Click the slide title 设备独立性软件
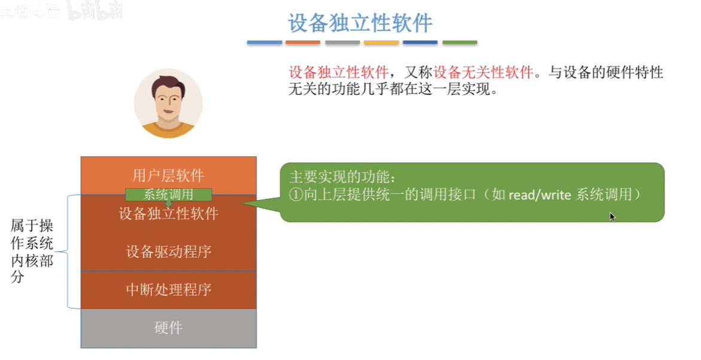360,23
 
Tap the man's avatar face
168,103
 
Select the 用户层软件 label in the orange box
168,176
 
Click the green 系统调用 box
169,195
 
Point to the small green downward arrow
169,204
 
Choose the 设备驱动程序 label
169,252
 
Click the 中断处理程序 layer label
169,290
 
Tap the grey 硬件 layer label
169,328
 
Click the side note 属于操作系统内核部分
32,252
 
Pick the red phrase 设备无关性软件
483,72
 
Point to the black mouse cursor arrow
612,217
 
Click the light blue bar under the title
265,43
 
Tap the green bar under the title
460,43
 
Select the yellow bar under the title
381,43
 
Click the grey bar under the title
342,43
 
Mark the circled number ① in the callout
296,195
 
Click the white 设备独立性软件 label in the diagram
169,214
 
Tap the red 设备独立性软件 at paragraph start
338,72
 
